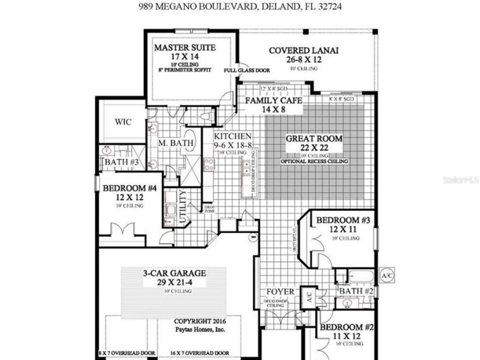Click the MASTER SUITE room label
click(x=185, y=47)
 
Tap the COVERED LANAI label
click(x=303, y=51)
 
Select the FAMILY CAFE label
click(x=274, y=100)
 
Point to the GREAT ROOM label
click(x=314, y=139)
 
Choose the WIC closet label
click(x=123, y=122)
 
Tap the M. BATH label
click(x=171, y=143)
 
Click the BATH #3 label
click(x=122, y=162)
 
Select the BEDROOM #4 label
click(x=130, y=188)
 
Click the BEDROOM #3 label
click(x=340, y=220)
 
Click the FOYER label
click(x=281, y=292)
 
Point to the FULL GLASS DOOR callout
click(x=247, y=70)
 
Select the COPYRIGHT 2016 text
click(x=201, y=322)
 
